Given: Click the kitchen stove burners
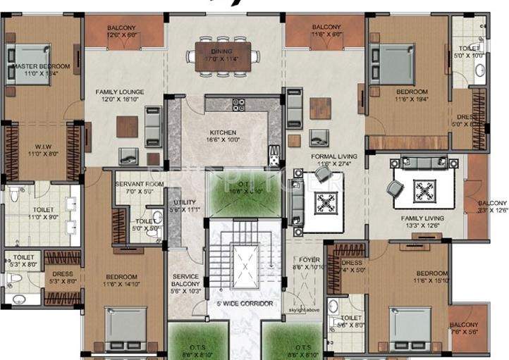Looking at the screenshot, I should (238, 105).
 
